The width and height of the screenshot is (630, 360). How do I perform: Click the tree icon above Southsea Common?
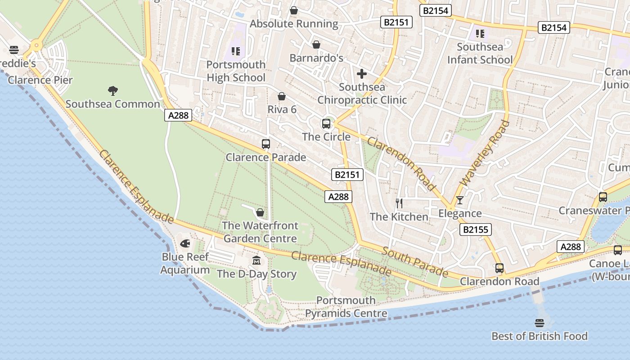[113, 91]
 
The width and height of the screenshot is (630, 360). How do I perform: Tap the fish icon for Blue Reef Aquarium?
[185, 244]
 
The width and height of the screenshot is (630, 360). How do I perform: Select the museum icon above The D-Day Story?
[256, 261]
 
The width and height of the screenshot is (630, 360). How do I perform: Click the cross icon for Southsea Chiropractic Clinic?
[362, 74]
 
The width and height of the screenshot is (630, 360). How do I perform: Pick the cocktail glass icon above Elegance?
[459, 200]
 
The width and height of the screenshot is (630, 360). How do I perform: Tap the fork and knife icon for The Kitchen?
[399, 203]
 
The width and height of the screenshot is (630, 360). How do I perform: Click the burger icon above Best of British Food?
[540, 323]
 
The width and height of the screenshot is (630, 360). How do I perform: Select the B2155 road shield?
[476, 229]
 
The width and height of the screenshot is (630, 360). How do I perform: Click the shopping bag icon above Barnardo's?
[316, 45]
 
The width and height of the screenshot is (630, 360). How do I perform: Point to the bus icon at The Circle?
[326, 124]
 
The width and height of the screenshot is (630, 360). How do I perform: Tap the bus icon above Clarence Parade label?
[266, 144]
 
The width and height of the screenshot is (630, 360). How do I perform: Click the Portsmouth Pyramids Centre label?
[346, 307]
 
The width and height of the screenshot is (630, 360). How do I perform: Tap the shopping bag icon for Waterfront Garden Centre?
[260, 212]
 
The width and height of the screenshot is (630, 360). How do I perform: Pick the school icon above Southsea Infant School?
[480, 34]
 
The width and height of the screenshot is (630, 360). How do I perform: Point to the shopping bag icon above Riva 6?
[282, 96]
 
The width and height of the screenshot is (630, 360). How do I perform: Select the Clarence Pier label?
[40, 80]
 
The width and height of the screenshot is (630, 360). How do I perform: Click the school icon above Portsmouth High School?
[235, 52]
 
